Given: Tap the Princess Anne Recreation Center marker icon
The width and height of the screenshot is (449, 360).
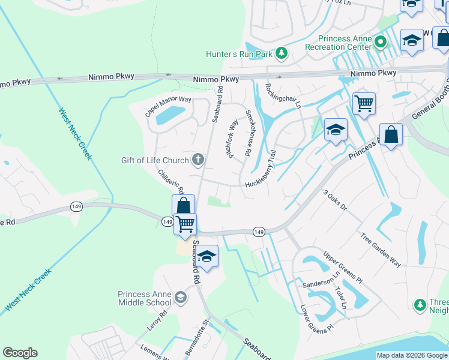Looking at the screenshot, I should click(x=380, y=42).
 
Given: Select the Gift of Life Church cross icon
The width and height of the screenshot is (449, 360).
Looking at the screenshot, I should click(x=198, y=160).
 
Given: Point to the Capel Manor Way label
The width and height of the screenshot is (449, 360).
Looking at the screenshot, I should click(x=167, y=107).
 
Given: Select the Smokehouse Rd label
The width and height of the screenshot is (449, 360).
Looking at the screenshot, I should click(x=246, y=134).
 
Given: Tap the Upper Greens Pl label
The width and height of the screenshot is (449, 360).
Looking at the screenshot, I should click(x=343, y=268).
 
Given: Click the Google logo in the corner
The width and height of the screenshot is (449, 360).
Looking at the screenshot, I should click(x=20, y=353).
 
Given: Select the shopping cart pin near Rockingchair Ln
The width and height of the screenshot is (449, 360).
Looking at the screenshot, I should click(x=364, y=104).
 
